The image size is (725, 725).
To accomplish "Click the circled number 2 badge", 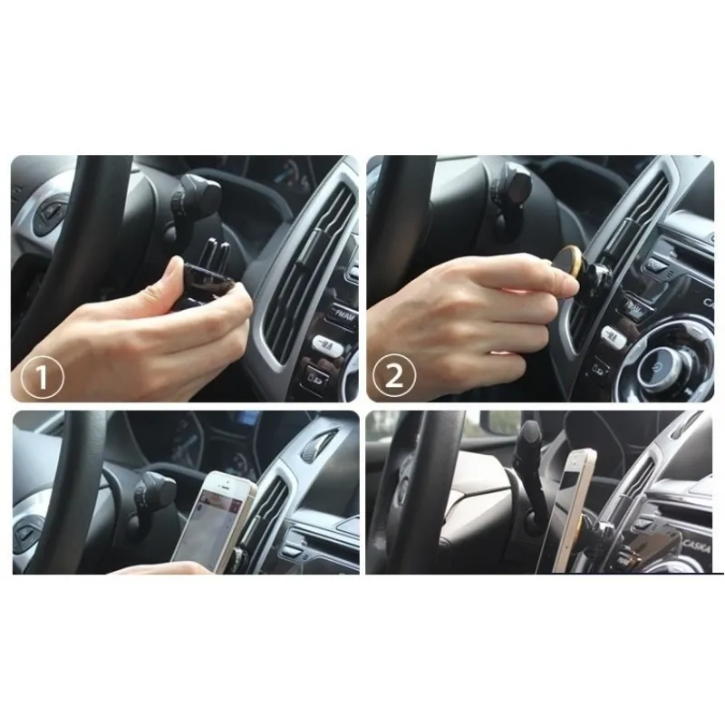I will [395, 374].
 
